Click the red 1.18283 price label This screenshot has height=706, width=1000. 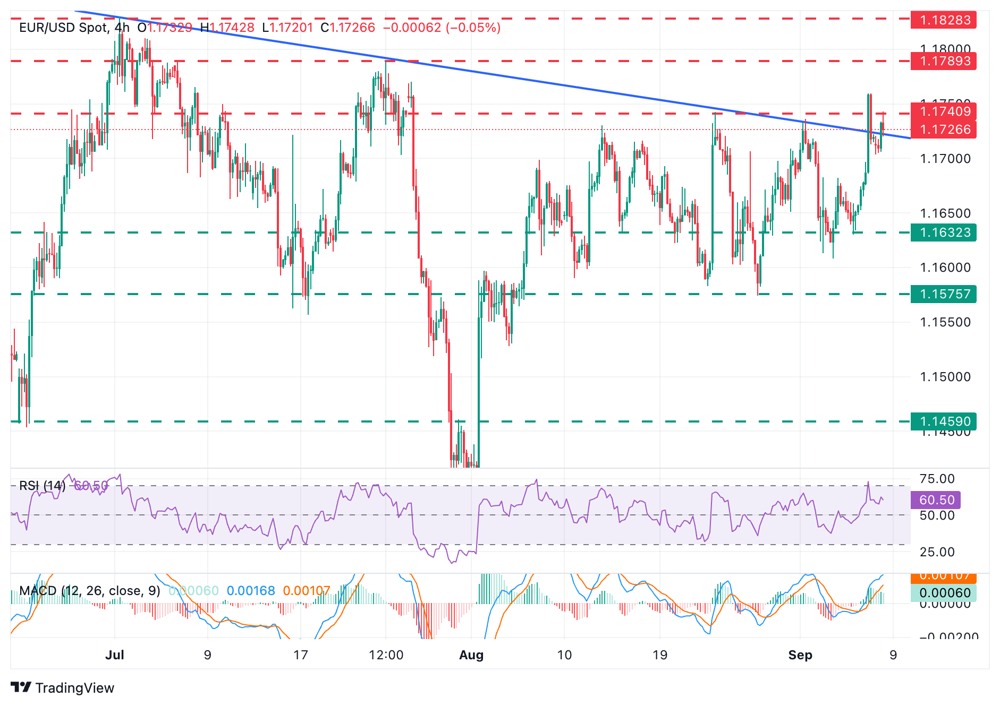coord(943,20)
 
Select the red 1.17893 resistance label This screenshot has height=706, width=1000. coord(943,61)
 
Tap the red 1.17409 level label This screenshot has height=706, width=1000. coord(943,111)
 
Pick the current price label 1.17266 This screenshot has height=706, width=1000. coord(943,130)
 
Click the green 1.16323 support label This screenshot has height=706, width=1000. coord(943,233)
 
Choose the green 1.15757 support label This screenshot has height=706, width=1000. coord(943,294)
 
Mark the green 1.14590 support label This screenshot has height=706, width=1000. coord(943,421)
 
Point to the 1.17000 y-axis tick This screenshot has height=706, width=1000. coord(945,159)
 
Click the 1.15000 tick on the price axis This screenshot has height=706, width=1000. coord(945,377)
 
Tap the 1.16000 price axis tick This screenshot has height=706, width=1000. coord(945,268)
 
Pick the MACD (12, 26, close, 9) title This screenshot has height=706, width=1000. coord(89,591)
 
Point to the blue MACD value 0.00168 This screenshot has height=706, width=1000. coord(251,591)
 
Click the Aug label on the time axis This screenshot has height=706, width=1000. coord(471,655)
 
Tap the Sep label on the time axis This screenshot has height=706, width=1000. coord(800,655)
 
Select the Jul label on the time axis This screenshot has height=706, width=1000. coord(115,655)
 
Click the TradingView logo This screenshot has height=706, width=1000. coord(63,688)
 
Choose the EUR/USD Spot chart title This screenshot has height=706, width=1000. coord(64,28)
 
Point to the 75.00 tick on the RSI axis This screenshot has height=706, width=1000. coord(937,479)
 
